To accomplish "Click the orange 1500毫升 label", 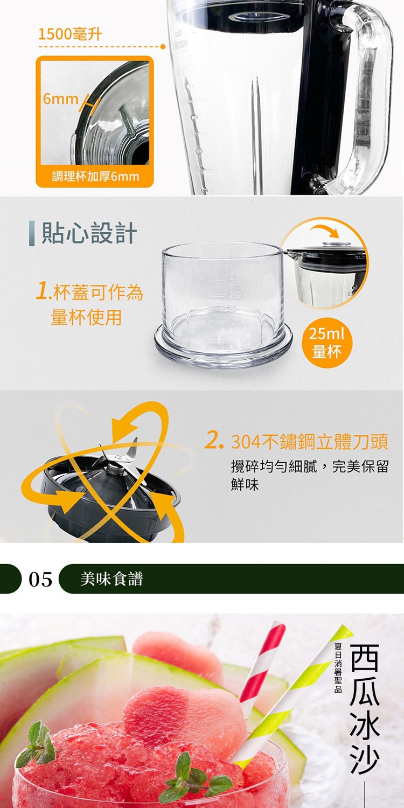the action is [x=70, y=34].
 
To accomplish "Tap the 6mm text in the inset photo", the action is [x=60, y=99].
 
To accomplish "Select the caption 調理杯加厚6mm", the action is [x=95, y=176].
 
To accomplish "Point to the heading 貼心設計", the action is [x=89, y=233].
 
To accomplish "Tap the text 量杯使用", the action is [x=86, y=317].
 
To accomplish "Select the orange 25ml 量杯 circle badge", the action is [x=326, y=343].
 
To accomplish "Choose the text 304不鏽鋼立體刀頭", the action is [x=309, y=442].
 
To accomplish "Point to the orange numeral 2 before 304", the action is [x=213, y=441].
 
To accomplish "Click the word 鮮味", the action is [x=245, y=485].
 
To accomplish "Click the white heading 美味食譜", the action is [x=112, y=579].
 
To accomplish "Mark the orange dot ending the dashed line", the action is [x=163, y=47].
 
